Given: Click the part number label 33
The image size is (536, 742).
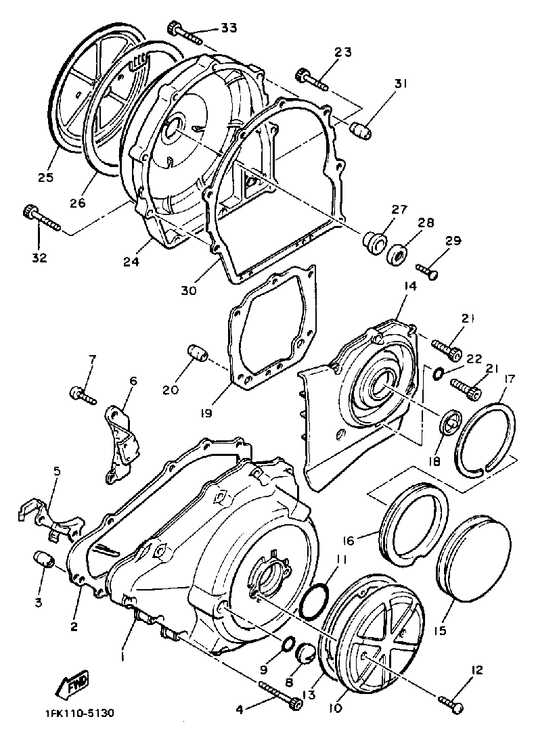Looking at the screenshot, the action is tap(229, 28).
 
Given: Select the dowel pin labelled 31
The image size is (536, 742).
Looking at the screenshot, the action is tap(361, 128).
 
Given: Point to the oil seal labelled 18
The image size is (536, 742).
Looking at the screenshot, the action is tap(450, 421).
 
